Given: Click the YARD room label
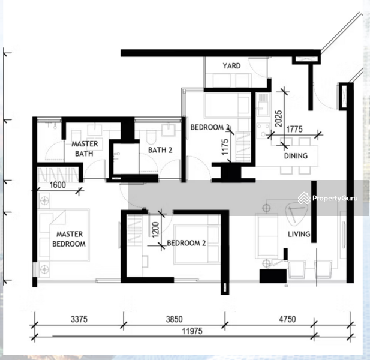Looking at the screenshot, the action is [x=231, y=65].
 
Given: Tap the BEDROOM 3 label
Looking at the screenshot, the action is [x=210, y=127].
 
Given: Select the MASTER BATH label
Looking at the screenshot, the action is [x=85, y=149].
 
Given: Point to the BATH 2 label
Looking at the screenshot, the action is [x=160, y=150].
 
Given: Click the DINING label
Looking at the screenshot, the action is [x=296, y=156].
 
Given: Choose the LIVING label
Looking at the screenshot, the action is [x=299, y=234].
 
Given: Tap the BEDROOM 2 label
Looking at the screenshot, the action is [x=186, y=243].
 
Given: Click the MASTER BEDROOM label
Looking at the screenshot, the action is [x=69, y=239].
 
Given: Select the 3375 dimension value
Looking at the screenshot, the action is [x=79, y=319].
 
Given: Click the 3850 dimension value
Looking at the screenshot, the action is [x=174, y=319].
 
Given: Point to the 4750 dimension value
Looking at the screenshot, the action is [x=287, y=319].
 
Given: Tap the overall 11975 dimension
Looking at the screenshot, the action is [x=192, y=331].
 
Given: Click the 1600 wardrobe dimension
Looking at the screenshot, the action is [x=58, y=185].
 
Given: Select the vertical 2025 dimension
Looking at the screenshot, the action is [x=279, y=119].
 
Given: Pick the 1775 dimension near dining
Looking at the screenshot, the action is [x=294, y=130].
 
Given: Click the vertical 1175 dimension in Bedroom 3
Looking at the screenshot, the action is [x=225, y=147].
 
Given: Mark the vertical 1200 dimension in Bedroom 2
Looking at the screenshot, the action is [x=155, y=230].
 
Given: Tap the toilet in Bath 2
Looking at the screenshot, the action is [x=151, y=137].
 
